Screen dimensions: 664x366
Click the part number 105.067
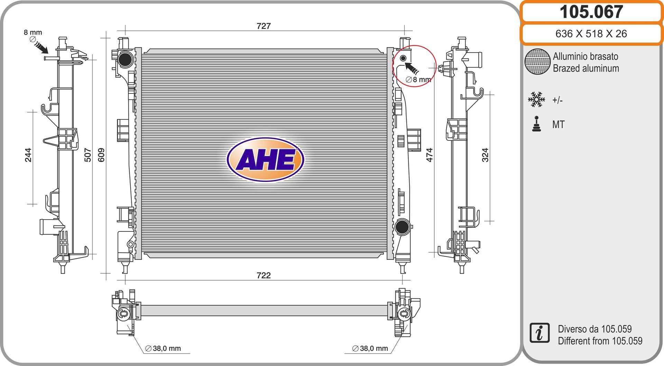[591, 12]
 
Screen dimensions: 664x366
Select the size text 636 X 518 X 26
[591, 34]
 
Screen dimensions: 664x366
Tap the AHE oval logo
[265, 159]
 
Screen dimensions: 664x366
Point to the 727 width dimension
[264, 26]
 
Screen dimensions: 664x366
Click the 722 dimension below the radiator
[264, 275]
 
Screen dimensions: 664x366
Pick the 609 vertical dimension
[101, 155]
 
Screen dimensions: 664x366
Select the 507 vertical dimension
[88, 155]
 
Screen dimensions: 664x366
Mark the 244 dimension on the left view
[28, 155]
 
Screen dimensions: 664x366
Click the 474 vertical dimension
[429, 155]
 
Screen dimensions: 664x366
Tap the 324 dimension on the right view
[485, 155]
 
